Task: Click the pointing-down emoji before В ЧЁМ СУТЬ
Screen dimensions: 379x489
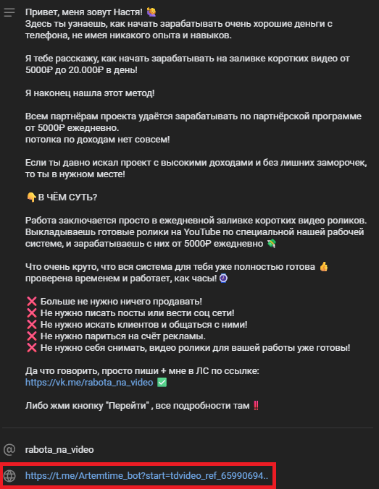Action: (30, 197)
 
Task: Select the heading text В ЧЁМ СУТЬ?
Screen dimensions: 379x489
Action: (70, 197)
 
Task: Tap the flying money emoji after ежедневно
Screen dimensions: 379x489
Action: (292, 243)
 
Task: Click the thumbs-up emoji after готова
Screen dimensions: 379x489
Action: (323, 267)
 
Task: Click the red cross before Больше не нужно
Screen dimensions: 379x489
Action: (31, 302)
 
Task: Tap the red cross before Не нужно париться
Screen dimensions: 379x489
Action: (31, 336)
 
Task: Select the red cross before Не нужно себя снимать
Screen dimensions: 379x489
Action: (31, 348)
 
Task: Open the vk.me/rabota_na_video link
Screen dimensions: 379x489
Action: (89, 382)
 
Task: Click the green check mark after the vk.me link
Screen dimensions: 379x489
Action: (162, 382)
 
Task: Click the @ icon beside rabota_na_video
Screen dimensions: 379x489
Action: (10, 448)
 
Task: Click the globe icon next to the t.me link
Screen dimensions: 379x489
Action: (10, 476)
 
